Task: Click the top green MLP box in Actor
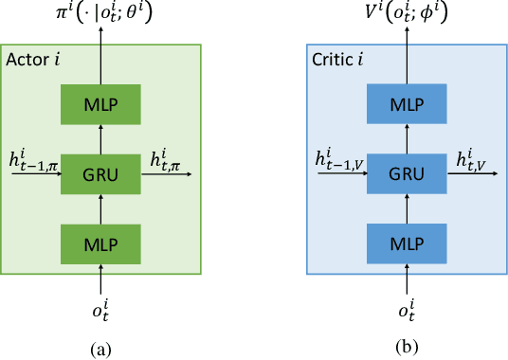(101, 101)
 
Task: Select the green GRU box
(101, 174)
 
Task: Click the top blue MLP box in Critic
(408, 101)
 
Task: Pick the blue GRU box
(408, 174)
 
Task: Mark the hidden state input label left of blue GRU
(338, 161)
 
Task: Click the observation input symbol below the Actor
(101, 308)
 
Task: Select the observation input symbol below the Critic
(408, 308)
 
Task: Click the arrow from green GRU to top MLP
(101, 137)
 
